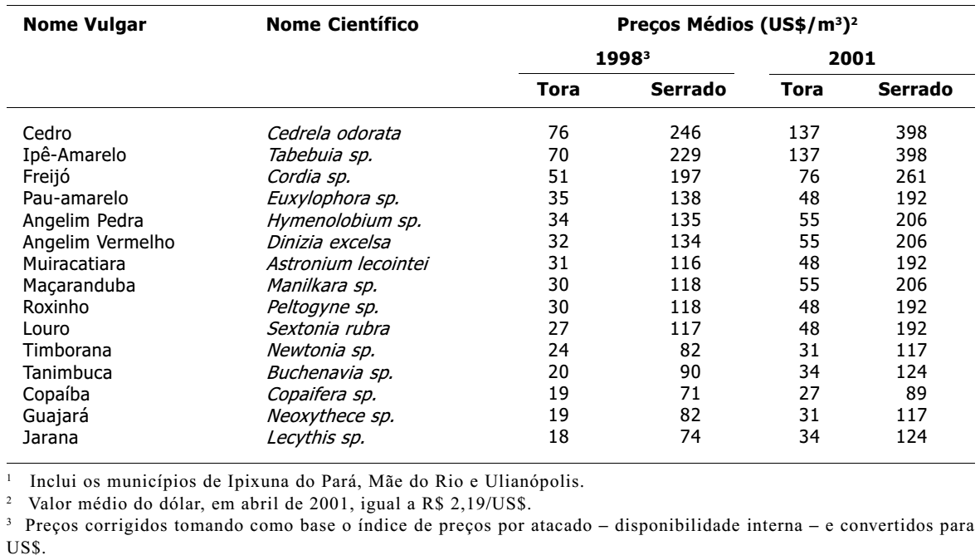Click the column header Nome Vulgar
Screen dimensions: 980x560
[85, 25]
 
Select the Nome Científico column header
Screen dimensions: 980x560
[342, 25]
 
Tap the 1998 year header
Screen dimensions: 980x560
[622, 59]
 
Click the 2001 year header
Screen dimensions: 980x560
[852, 59]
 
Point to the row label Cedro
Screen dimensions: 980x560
[47, 133]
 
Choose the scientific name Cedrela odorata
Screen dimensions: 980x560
[334, 133]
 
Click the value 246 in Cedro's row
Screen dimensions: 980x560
[685, 133]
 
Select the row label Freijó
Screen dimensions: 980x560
[46, 178]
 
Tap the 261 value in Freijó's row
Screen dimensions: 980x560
[910, 176]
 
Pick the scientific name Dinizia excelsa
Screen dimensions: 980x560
[329, 242]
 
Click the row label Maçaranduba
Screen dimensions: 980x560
[80, 286]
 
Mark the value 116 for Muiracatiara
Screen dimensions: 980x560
[685, 263]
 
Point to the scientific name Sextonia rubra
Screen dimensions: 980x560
[328, 329]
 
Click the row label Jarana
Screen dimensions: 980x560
[51, 437]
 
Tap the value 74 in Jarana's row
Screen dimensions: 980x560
[690, 437]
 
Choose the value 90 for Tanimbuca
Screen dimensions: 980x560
[690, 371]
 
